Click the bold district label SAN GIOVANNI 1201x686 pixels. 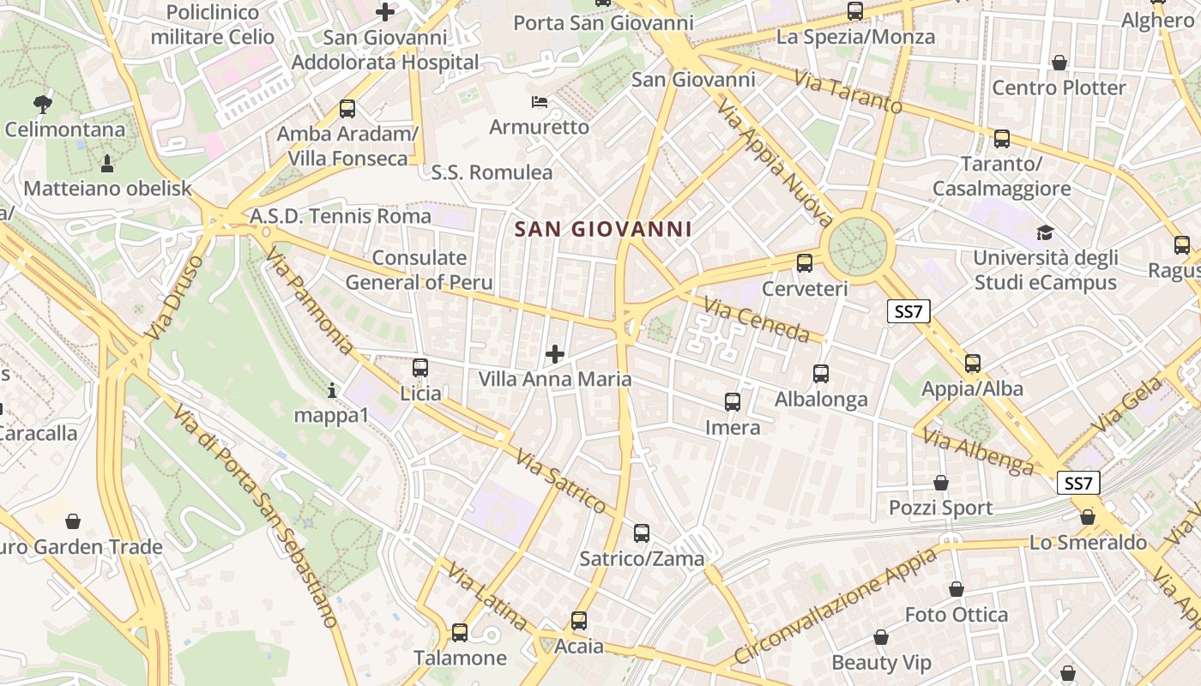(x=603, y=229)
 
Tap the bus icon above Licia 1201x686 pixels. (x=420, y=368)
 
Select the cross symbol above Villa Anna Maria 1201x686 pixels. (x=555, y=353)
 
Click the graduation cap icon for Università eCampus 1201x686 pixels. (x=1045, y=232)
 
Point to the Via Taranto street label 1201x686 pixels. (x=848, y=92)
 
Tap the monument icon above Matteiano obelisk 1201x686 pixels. (x=107, y=164)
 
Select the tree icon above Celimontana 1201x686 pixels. (x=42, y=105)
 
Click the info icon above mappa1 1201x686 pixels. (x=332, y=391)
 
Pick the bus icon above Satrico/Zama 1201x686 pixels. (x=642, y=533)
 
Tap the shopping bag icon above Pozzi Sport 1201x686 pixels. (x=941, y=483)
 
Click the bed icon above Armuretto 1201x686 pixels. (x=540, y=103)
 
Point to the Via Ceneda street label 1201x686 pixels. (x=757, y=319)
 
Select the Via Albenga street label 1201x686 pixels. (x=979, y=452)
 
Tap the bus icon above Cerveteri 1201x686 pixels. (x=805, y=263)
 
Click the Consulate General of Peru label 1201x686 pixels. (x=419, y=270)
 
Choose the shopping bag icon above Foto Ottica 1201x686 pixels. (x=957, y=589)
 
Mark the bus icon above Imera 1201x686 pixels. (x=733, y=402)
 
